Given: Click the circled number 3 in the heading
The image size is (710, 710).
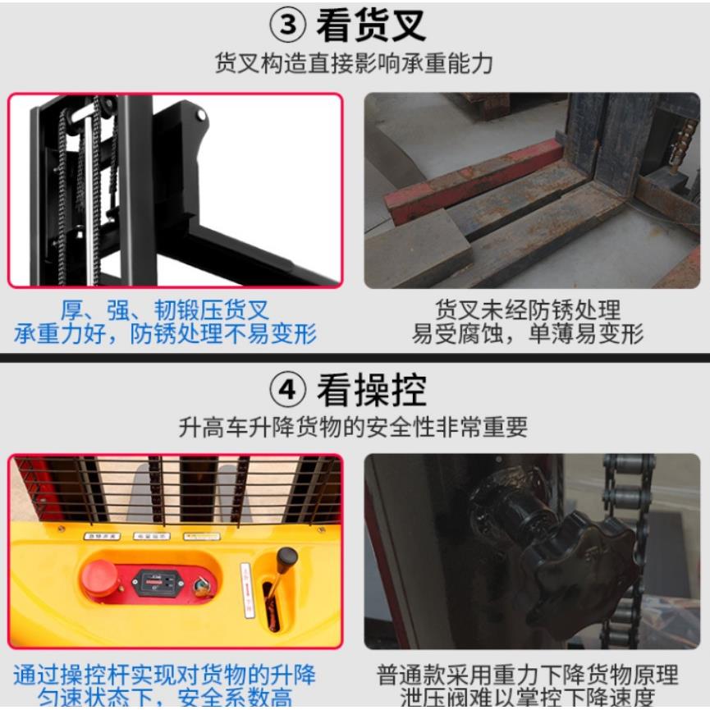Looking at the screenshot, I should [x=288, y=25].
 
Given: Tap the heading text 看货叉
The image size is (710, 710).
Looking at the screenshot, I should [x=371, y=25].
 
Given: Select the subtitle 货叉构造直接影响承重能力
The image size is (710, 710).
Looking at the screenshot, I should [x=354, y=64].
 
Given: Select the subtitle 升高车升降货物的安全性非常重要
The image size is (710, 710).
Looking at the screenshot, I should [x=354, y=427].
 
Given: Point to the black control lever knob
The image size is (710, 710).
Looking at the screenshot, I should [x=286, y=557].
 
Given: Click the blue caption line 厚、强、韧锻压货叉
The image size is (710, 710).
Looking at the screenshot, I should [x=164, y=310].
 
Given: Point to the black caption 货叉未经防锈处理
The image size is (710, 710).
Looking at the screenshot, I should [x=528, y=310].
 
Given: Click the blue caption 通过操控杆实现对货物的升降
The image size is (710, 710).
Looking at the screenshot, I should [x=164, y=676].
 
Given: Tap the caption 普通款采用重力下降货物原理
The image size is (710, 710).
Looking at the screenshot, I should [x=528, y=676].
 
